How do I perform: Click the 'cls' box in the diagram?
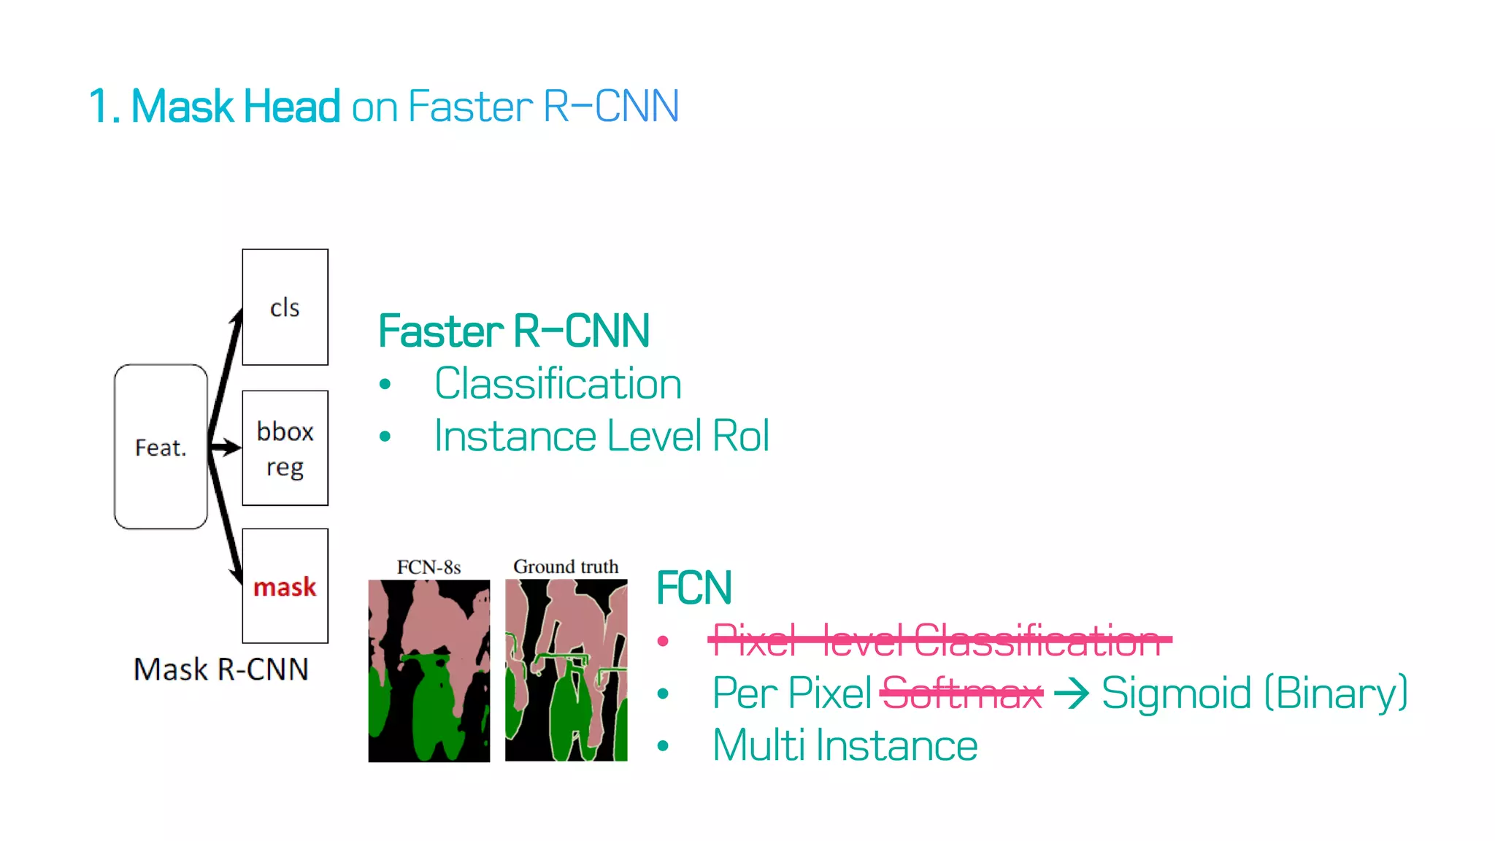285,307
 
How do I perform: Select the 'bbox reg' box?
285,448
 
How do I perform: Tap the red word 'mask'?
285,587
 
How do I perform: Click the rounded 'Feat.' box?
161,447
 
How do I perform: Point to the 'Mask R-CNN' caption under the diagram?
221,669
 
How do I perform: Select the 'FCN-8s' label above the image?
428,567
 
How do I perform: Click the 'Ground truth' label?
566,567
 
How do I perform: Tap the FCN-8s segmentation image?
428,670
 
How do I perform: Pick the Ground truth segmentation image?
566,670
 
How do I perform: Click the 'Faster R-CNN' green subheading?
514,331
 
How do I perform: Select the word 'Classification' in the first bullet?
558,384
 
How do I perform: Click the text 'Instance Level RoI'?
602,437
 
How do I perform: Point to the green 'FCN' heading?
693,588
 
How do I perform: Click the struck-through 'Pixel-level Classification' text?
937,640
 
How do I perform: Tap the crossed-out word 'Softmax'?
961,693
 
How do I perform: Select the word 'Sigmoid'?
1176,693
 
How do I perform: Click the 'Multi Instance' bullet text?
845,745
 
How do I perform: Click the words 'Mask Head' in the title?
236,107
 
